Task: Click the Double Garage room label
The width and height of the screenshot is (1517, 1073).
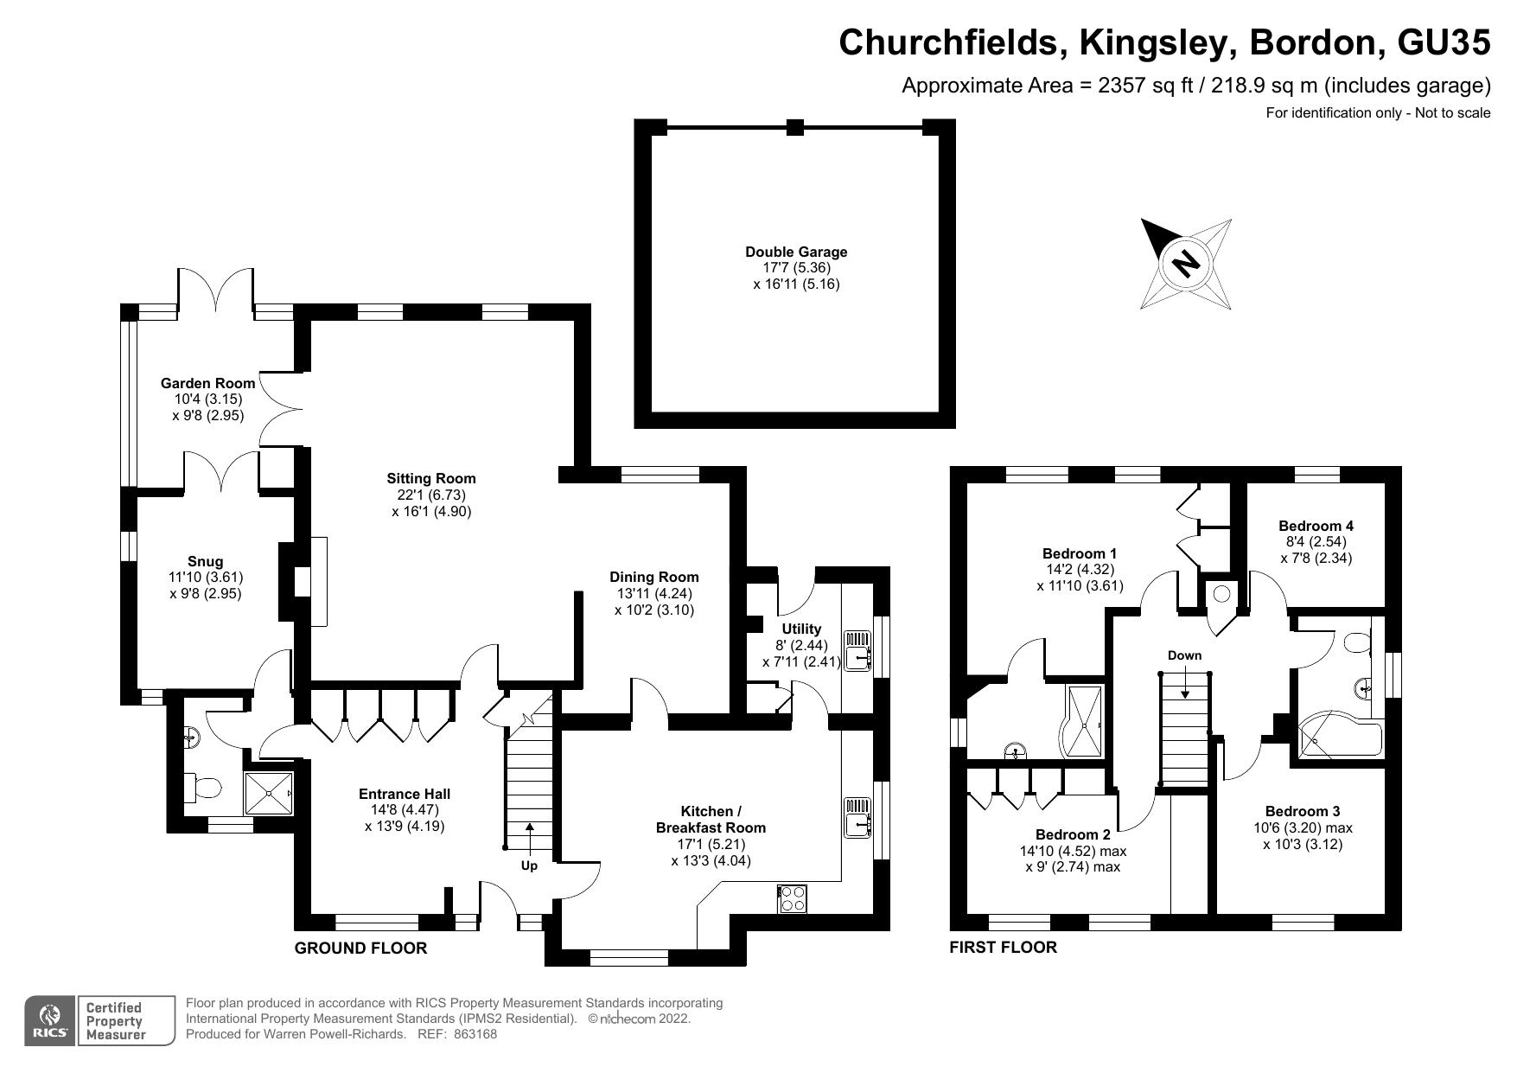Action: pyautogui.click(x=796, y=252)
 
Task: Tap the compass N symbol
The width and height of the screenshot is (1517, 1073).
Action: pyautogui.click(x=1187, y=263)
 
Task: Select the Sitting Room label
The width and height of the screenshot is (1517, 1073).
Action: pyautogui.click(x=431, y=478)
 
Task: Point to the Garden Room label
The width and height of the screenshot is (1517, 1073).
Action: pyautogui.click(x=208, y=383)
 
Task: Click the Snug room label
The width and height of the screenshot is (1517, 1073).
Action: pyautogui.click(x=205, y=562)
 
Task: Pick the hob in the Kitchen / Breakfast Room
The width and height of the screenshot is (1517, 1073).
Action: pyautogui.click(x=793, y=898)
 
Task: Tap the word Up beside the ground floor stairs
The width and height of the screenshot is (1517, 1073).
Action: pyautogui.click(x=529, y=865)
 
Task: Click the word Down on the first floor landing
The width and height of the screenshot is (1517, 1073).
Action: pyautogui.click(x=1184, y=655)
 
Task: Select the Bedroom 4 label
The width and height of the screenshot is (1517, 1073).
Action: pyautogui.click(x=1316, y=526)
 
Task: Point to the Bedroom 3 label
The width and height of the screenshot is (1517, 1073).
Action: pyautogui.click(x=1303, y=811)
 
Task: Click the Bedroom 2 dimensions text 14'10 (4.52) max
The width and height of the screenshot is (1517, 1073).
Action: pyautogui.click(x=1073, y=851)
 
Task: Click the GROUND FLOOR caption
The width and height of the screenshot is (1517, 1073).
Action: pyautogui.click(x=360, y=948)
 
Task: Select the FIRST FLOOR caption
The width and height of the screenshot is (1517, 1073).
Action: pyautogui.click(x=1003, y=947)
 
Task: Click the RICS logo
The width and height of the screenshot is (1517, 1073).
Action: pyautogui.click(x=50, y=1021)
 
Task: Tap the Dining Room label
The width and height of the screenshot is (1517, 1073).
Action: pyautogui.click(x=654, y=577)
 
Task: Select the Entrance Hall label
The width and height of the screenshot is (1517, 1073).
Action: pyautogui.click(x=405, y=794)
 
